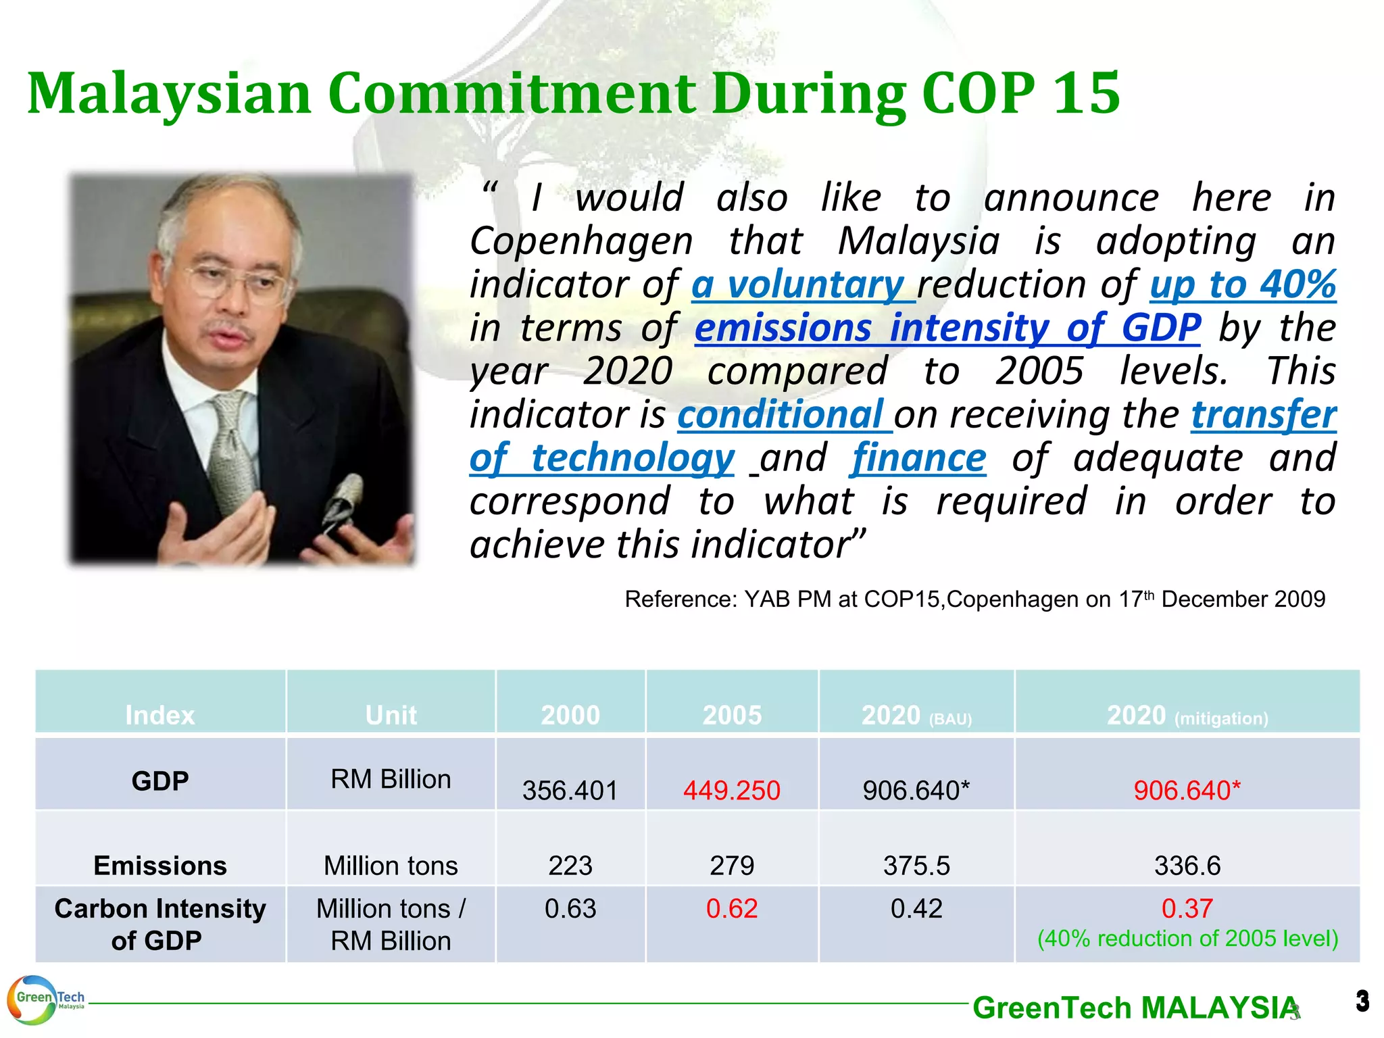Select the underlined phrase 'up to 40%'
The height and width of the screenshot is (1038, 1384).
[x=1243, y=285]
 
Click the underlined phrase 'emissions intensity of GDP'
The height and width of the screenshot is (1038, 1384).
[x=947, y=328]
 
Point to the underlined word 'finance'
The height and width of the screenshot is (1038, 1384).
[x=918, y=458]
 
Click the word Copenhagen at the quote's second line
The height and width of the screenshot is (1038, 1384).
[x=581, y=241]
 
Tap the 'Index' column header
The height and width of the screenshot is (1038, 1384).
[x=160, y=715]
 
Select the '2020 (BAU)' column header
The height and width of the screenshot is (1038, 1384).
[x=916, y=715]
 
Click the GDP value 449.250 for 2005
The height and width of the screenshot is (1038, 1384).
[x=731, y=790]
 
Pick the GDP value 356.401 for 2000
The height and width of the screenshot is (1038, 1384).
[x=570, y=790]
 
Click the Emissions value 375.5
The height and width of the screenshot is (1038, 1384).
[x=916, y=866]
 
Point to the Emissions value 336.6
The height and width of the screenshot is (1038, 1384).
[x=1187, y=866]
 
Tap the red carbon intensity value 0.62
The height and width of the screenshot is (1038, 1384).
[x=731, y=909]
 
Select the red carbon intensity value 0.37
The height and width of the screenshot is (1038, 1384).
[x=1187, y=908]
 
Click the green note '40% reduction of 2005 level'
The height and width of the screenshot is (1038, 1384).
[x=1187, y=939]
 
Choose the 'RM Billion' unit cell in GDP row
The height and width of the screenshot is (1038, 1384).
[x=391, y=779]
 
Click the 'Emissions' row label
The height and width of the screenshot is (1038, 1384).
[x=160, y=866]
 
